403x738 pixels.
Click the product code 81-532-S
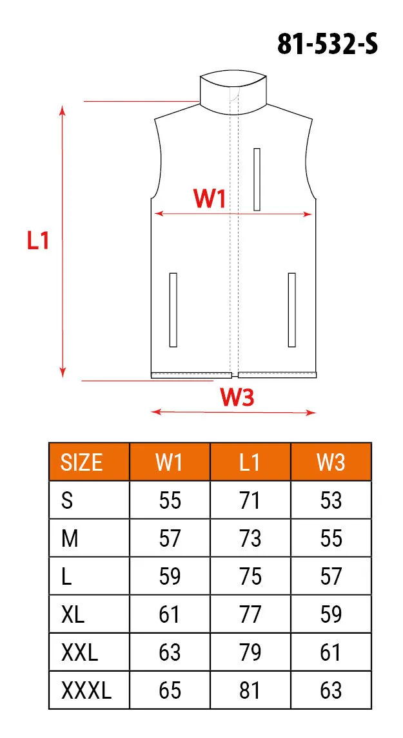coord(328,44)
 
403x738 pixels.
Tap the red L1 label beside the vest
coord(38,241)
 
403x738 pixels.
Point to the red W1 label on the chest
coord(210,199)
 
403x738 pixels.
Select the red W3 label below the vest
coord(237,398)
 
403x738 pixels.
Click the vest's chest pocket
coord(257,179)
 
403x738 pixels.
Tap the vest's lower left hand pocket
coord(173,310)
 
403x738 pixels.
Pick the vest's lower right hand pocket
coord(291,310)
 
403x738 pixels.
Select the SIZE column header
coord(82,462)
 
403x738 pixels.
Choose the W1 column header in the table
coord(170,462)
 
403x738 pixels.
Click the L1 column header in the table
coord(250,462)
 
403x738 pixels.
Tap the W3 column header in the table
coord(331,462)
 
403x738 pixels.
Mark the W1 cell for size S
coord(170,500)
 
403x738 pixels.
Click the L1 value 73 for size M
coord(250,538)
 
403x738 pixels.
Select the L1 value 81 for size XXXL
coord(250,691)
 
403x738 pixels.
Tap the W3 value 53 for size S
coord(331,500)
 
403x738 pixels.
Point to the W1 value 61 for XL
coord(170,614)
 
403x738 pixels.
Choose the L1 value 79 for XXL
coord(250,652)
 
